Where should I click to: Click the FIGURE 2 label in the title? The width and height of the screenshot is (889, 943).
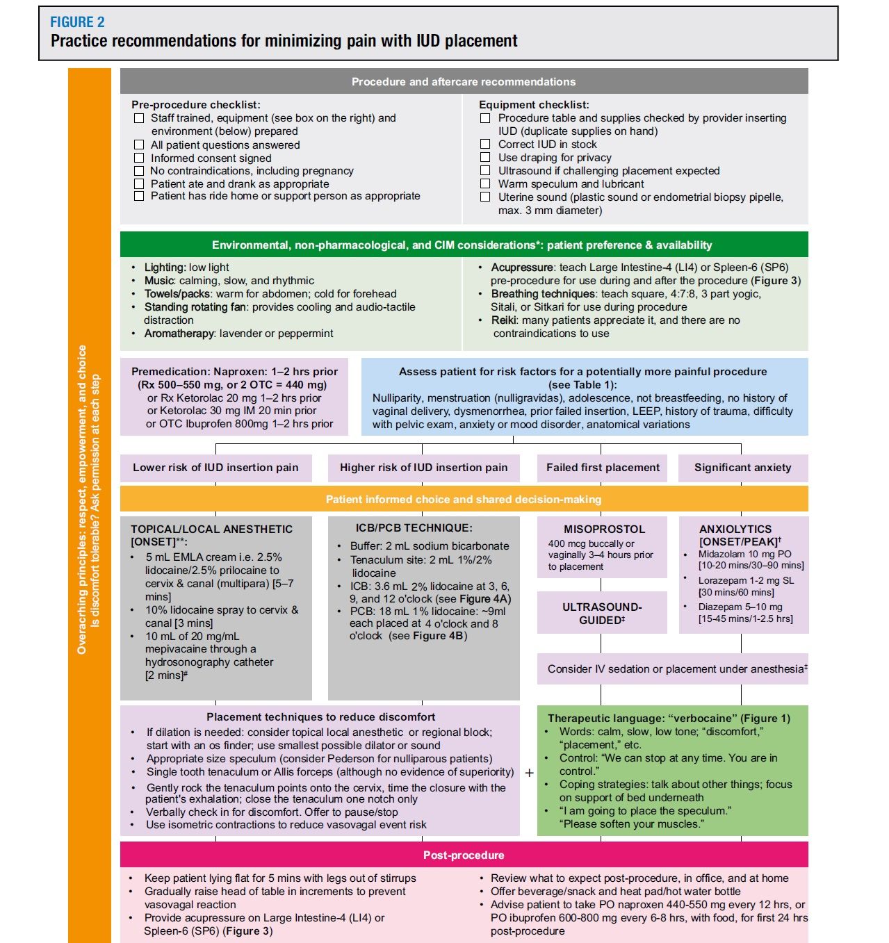tap(77, 22)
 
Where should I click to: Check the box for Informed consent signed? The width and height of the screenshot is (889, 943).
tap(139, 158)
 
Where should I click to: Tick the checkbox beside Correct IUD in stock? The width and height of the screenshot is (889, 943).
tap(485, 145)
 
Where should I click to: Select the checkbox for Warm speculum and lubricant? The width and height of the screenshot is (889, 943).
tap(485, 184)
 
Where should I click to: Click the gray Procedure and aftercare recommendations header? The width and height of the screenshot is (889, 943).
tap(464, 81)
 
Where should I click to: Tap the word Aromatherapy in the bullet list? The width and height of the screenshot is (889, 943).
tap(179, 334)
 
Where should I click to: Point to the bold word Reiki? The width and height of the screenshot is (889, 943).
tap(503, 320)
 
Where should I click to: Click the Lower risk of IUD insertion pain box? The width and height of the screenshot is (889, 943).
tap(215, 468)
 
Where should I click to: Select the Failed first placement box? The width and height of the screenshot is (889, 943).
tap(603, 468)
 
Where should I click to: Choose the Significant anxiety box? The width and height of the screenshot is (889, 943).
tap(742, 468)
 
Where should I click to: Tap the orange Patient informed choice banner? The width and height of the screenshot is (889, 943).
tap(464, 499)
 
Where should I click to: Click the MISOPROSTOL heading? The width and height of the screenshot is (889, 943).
tap(604, 530)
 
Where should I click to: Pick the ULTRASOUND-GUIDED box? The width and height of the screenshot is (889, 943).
tap(602, 613)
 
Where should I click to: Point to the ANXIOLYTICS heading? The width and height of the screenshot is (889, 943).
tap(735, 530)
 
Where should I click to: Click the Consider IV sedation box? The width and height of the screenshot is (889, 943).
tap(672, 669)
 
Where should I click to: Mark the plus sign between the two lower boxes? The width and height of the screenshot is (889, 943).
tap(529, 773)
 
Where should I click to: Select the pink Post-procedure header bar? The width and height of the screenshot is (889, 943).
tap(464, 855)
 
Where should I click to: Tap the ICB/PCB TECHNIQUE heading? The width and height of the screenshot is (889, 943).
tap(414, 528)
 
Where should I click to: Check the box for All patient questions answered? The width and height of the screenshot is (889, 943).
tap(139, 145)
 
